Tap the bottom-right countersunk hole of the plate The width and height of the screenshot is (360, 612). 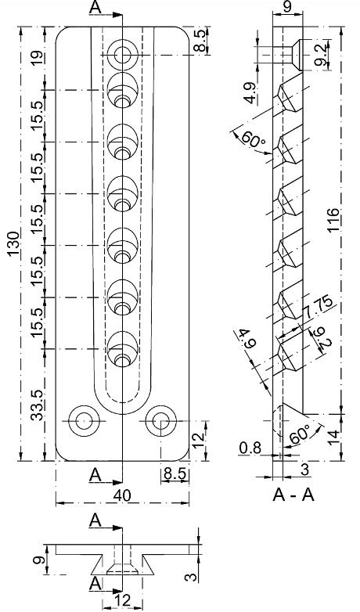tap(160, 420)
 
